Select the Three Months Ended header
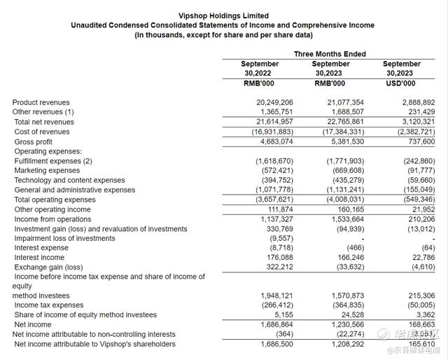(330, 54)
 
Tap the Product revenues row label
(41, 102)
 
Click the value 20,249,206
(275, 102)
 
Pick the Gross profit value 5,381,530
(346, 141)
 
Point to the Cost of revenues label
(42, 132)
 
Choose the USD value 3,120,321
(416, 122)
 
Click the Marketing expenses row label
(47, 170)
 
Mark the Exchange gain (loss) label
(48, 267)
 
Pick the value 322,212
(279, 267)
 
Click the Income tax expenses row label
(48, 305)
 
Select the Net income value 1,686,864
(276, 325)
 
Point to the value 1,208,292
(346, 344)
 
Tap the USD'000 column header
(402, 83)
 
